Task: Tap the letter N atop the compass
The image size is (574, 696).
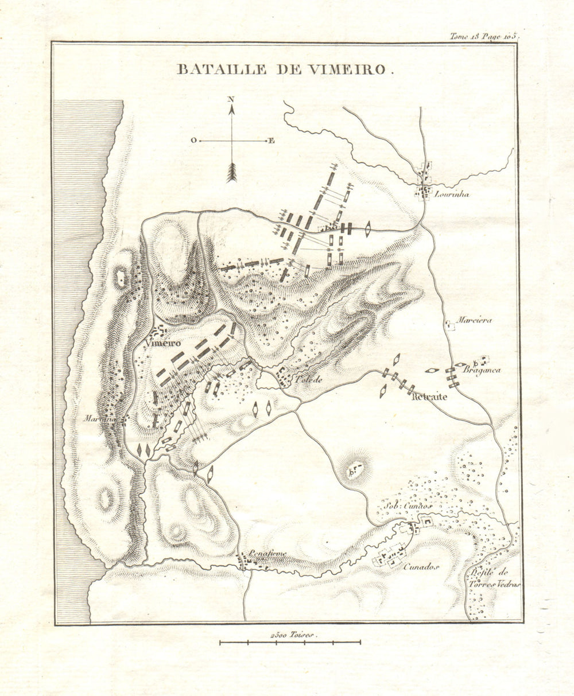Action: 231,99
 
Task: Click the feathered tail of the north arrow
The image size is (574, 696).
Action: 231,172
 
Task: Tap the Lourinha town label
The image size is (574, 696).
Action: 452,195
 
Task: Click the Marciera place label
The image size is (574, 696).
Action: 475,321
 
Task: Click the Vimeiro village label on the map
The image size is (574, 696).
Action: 163,343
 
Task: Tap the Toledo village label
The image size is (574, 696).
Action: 310,380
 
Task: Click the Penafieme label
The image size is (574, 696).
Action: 267,554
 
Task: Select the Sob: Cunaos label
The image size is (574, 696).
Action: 409,506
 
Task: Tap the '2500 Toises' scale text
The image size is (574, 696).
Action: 292,635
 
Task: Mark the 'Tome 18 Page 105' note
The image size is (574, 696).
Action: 484,36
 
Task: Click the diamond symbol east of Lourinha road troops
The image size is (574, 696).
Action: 367,230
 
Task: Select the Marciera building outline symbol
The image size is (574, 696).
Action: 451,325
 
